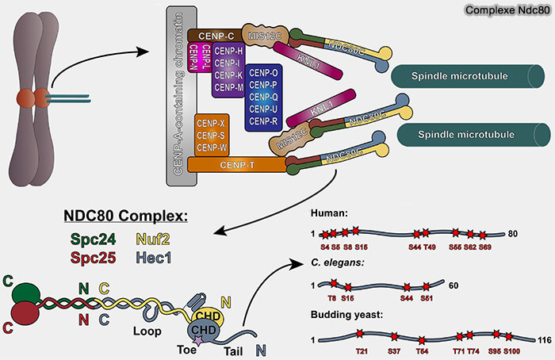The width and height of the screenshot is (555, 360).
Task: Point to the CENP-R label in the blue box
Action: (x=262, y=121)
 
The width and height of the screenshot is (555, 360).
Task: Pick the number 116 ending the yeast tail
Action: (x=545, y=339)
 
